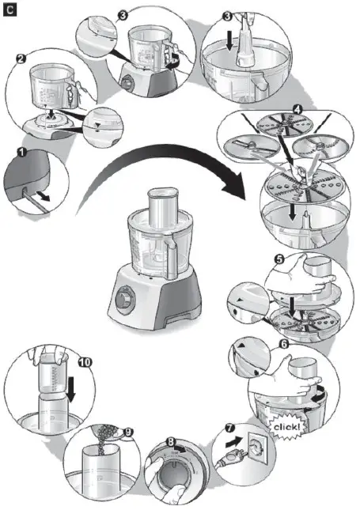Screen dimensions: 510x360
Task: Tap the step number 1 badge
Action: [23, 150]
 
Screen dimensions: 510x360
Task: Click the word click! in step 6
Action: [287, 427]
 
